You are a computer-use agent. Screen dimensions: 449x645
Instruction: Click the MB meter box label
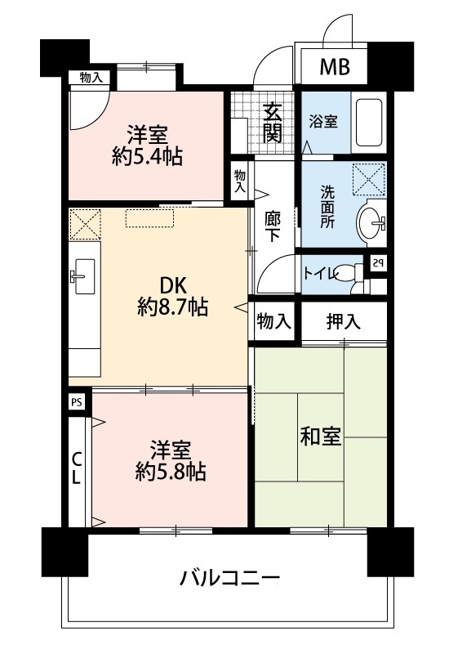(335, 67)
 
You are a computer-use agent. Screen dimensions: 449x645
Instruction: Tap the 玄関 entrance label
(272, 123)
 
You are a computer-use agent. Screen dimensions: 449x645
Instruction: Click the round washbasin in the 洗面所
(370, 223)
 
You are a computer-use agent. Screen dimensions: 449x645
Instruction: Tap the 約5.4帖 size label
(147, 156)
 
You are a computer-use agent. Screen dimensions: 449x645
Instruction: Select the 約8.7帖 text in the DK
(172, 307)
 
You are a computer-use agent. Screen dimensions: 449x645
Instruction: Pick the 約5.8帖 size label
(171, 472)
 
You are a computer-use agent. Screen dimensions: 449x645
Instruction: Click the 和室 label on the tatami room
(320, 436)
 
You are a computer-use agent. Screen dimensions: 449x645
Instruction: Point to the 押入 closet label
(344, 320)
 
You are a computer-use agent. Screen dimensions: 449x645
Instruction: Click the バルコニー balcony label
(230, 577)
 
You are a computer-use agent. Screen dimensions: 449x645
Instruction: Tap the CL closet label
(76, 468)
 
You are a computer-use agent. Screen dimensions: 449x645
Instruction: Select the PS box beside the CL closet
(77, 402)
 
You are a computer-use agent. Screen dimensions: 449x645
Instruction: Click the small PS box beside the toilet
(379, 263)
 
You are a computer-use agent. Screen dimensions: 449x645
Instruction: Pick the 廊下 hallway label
(273, 226)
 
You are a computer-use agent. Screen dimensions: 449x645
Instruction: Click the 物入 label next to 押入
(273, 320)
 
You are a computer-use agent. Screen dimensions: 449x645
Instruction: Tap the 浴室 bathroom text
(323, 121)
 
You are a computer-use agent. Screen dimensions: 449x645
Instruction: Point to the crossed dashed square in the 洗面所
(368, 177)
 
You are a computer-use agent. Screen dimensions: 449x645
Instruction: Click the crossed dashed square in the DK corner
(85, 224)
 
